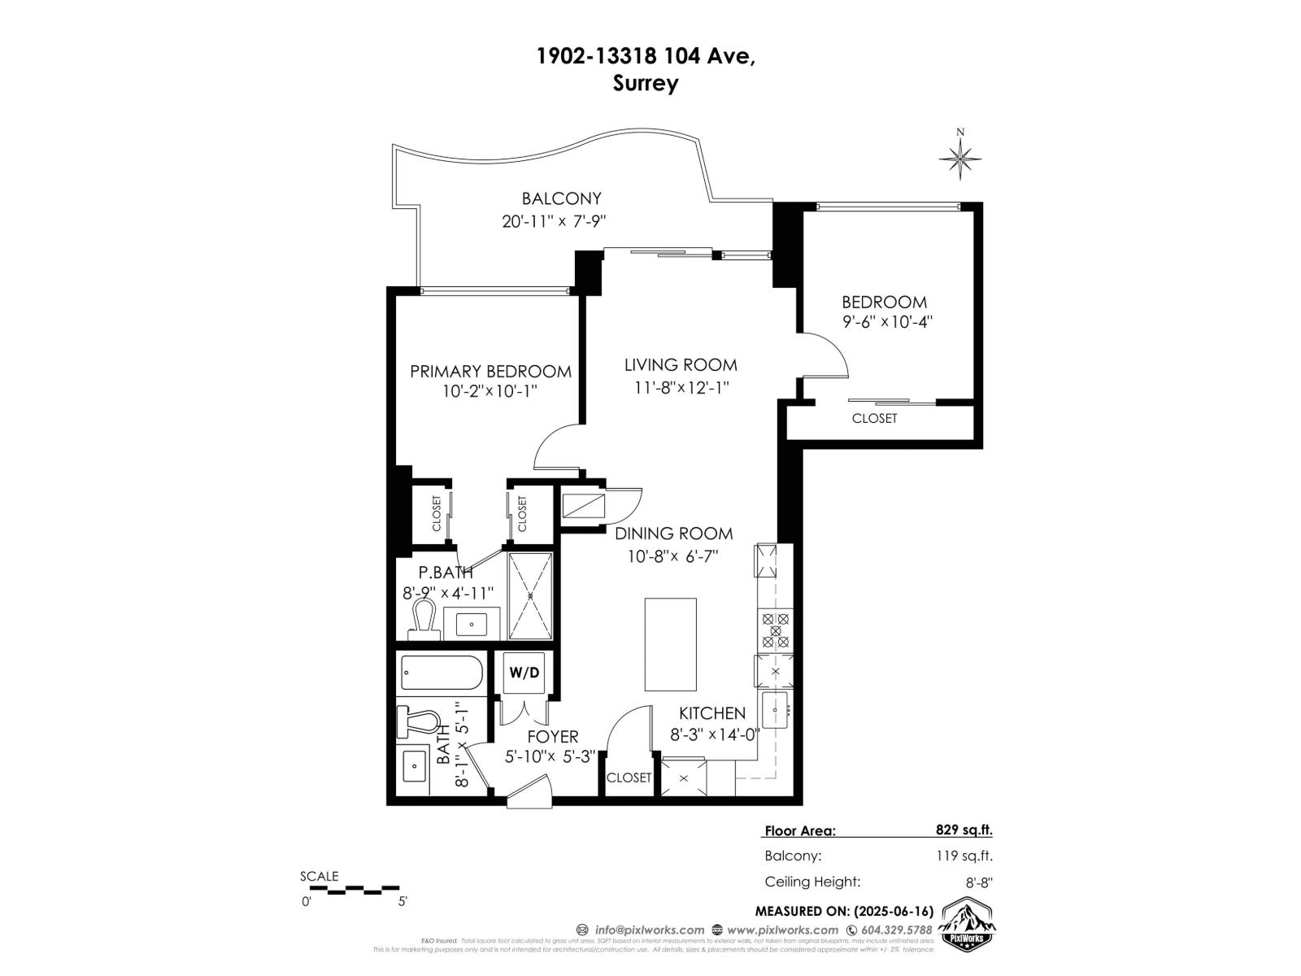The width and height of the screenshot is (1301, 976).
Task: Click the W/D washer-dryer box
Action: pyautogui.click(x=524, y=673)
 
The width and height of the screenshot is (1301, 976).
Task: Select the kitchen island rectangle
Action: pyautogui.click(x=671, y=644)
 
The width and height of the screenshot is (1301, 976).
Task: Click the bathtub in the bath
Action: pyautogui.click(x=442, y=673)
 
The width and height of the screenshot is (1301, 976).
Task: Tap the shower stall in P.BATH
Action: pyautogui.click(x=530, y=595)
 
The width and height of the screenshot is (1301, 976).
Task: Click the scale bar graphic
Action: pyautogui.click(x=354, y=889)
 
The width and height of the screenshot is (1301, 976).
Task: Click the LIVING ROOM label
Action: pyautogui.click(x=681, y=365)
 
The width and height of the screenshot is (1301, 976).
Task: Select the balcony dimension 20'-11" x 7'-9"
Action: pyautogui.click(x=555, y=221)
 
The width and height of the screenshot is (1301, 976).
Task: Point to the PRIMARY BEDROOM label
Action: pyautogui.click(x=490, y=372)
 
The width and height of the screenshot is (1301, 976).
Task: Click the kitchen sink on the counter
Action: pyautogui.click(x=775, y=710)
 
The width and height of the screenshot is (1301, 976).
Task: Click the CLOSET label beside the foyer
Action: pyautogui.click(x=629, y=778)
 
